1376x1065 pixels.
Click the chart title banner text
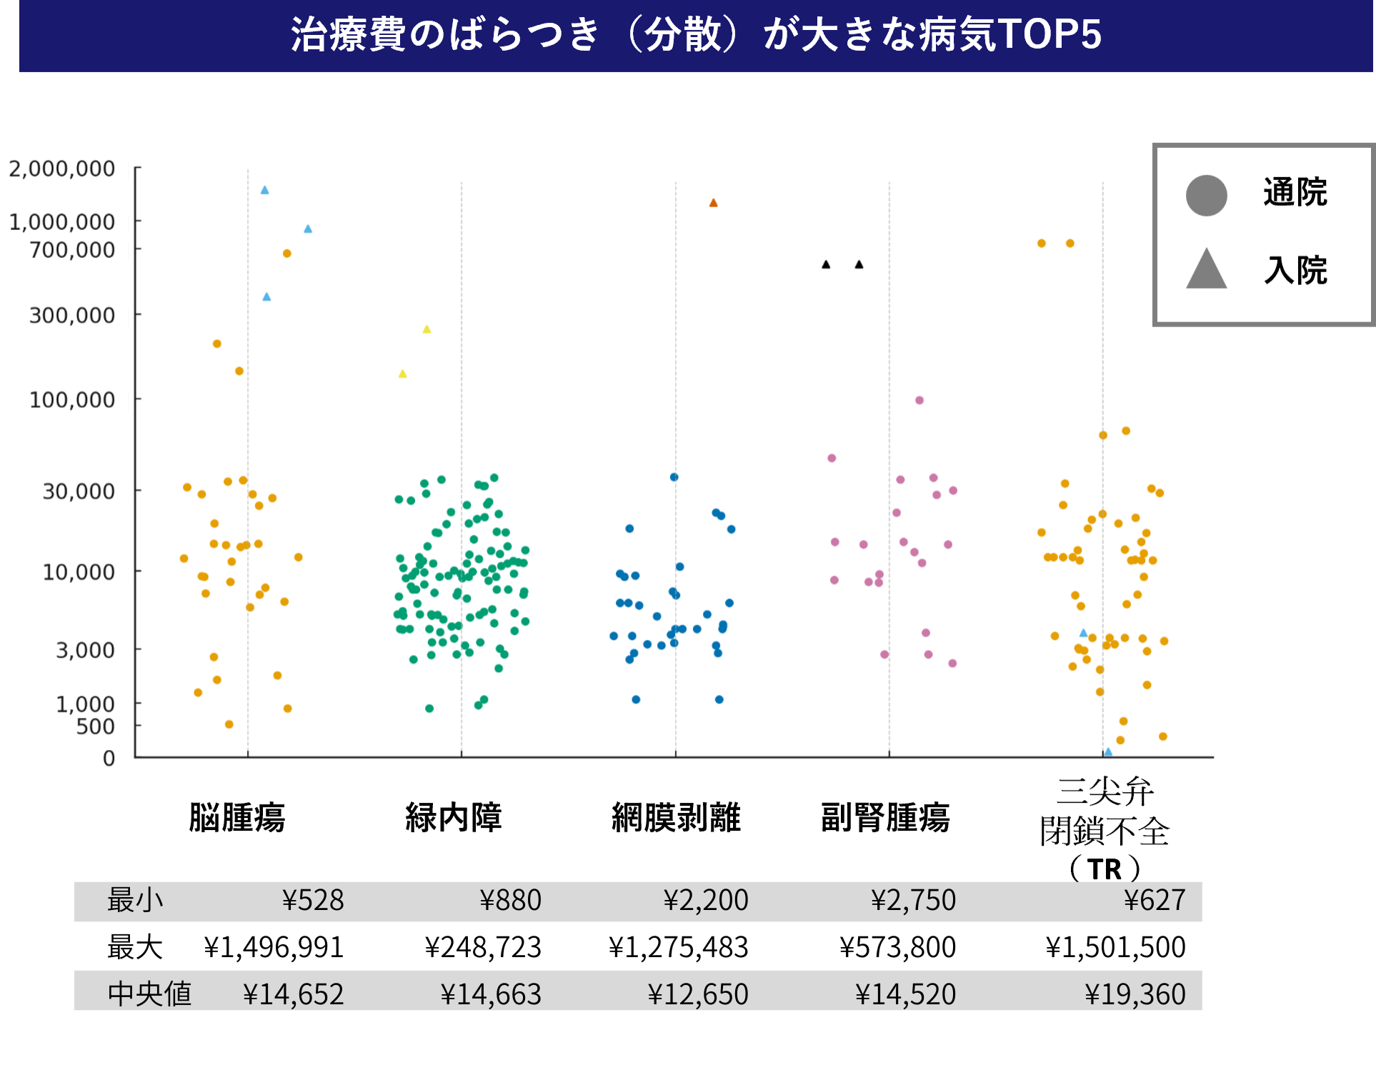click(695, 34)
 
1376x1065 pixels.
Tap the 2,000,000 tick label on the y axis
click(61, 169)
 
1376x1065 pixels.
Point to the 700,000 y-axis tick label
click(72, 250)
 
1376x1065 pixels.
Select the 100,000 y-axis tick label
click(72, 400)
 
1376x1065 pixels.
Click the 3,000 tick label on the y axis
click(85, 651)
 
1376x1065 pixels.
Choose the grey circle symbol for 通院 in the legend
click(1206, 195)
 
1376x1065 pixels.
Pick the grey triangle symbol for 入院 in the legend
click(1206, 270)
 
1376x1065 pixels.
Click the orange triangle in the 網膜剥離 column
click(713, 203)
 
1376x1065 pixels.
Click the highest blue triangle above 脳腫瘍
click(264, 190)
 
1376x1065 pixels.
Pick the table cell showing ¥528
click(313, 900)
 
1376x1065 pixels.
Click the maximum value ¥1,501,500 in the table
click(1115, 947)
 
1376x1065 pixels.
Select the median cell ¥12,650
click(697, 994)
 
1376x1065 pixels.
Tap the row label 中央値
click(149, 994)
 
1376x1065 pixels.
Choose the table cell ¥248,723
click(483, 947)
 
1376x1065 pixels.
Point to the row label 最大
click(135, 947)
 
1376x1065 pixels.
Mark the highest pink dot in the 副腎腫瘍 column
click(919, 400)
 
